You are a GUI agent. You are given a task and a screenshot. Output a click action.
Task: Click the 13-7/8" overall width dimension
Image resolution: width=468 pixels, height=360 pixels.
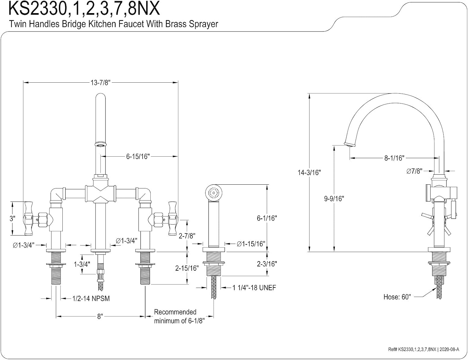coord(100,82)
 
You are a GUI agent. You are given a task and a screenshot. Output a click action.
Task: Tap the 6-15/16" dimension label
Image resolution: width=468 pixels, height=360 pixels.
coord(138,156)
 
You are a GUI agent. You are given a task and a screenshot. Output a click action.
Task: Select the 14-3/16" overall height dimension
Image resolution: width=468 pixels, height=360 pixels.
coord(309,173)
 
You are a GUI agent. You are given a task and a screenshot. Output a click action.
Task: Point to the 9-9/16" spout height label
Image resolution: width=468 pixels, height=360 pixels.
coord(334,198)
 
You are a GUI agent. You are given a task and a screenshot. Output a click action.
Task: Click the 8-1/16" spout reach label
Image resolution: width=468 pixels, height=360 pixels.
coord(394,158)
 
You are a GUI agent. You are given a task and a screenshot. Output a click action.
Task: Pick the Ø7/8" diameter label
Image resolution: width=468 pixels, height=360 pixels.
coord(414,171)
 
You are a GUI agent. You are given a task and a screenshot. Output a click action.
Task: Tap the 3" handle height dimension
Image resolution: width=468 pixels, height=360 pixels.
coord(12,219)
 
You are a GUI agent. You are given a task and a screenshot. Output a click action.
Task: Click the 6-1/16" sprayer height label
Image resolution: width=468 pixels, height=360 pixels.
coord(267,218)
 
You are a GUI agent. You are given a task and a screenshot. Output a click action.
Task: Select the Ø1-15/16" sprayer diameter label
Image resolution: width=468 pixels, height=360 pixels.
coord(251,244)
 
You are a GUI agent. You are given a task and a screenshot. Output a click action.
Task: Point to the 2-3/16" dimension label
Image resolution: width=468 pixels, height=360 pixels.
coord(267,264)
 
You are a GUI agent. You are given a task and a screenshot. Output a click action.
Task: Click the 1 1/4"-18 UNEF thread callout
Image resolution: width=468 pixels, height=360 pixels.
coord(254,288)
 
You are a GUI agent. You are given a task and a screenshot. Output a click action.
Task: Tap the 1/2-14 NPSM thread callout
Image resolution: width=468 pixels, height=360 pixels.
coord(91,299)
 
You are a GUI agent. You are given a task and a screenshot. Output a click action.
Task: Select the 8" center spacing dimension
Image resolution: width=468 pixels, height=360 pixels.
coord(100,317)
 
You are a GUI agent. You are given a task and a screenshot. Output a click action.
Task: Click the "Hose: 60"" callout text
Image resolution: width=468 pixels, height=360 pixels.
coord(397,297)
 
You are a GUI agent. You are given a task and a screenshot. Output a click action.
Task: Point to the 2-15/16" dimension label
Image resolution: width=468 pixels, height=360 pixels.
coord(187,268)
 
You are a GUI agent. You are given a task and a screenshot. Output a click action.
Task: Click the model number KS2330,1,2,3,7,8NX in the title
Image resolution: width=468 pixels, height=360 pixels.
coord(84,8)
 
